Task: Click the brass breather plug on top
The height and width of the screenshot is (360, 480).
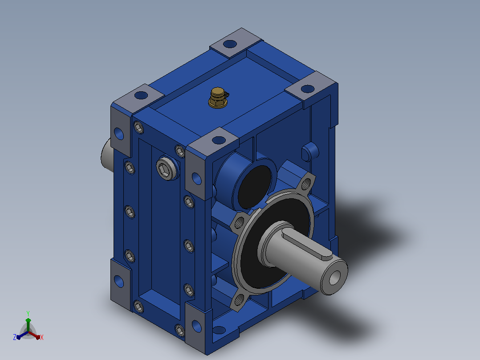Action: click(218, 98)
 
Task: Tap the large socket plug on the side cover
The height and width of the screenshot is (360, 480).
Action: click(168, 169)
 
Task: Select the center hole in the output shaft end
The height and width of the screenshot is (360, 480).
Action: click(334, 277)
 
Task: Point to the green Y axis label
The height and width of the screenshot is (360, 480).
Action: click(28, 313)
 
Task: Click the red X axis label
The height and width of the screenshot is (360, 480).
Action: click(42, 337)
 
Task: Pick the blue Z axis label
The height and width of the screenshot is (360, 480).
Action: click(15, 337)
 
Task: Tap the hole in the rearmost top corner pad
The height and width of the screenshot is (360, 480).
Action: click(230, 44)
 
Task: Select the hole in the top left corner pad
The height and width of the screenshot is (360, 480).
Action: click(141, 95)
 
